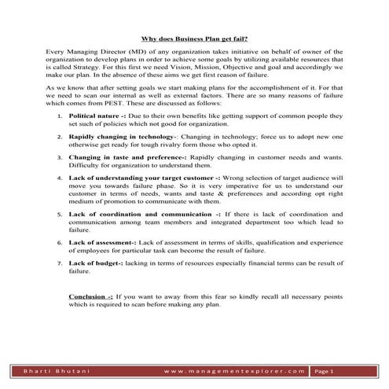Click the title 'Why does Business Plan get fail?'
[x=193, y=37]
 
